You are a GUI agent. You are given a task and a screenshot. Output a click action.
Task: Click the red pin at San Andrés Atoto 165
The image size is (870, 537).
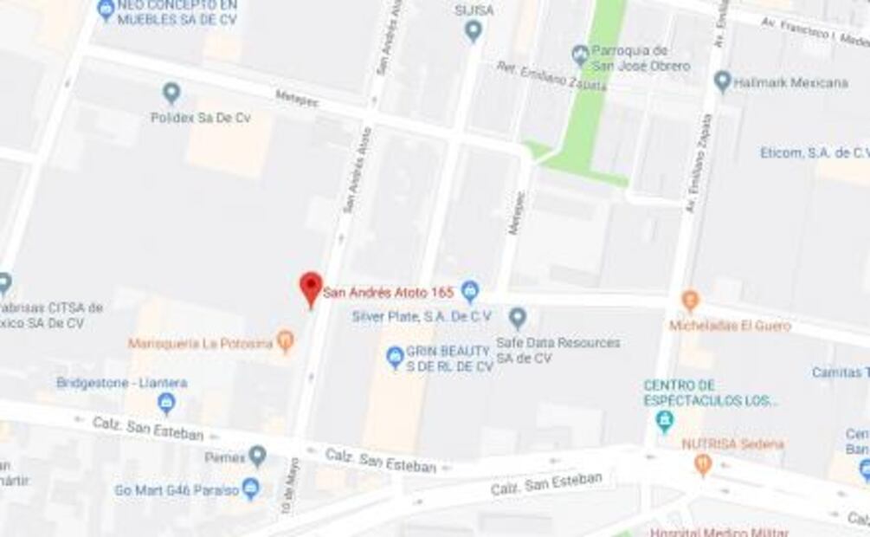[x=311, y=288]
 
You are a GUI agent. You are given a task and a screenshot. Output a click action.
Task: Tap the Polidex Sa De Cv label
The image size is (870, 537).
[x=200, y=117]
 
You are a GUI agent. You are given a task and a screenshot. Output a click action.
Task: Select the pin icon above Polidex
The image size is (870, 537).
[x=171, y=93]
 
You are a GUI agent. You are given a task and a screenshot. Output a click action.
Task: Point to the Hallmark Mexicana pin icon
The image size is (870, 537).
[x=722, y=81]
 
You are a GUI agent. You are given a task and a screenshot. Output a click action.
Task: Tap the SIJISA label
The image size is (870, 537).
[x=474, y=10]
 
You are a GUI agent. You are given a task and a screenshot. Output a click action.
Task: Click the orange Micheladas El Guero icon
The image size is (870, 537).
[x=690, y=301]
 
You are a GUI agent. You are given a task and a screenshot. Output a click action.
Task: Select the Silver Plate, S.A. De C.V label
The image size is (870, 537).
[x=422, y=316]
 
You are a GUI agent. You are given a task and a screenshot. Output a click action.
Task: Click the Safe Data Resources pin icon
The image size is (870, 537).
[x=518, y=318]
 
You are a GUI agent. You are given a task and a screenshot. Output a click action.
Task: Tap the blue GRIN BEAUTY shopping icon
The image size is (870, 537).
[x=395, y=356]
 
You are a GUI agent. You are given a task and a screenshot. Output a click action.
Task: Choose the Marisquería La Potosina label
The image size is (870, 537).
[x=200, y=344]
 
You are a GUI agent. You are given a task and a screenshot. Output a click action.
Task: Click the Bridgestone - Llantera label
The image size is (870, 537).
[x=121, y=382]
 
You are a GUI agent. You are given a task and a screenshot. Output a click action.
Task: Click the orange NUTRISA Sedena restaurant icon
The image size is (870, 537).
[x=703, y=464]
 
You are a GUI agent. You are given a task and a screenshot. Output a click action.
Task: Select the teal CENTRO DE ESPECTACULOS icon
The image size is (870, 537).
[x=664, y=422]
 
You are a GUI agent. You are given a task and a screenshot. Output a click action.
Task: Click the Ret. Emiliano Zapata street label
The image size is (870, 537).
[x=538, y=76]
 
